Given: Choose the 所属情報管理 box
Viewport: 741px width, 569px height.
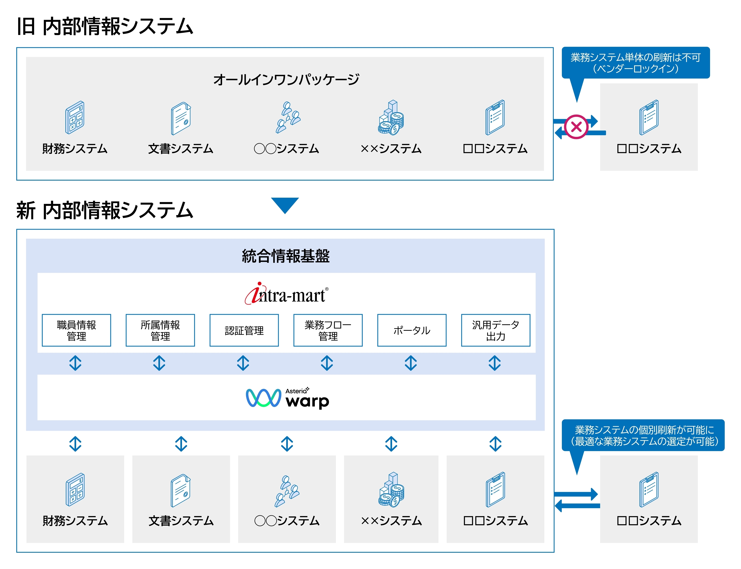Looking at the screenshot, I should [x=160, y=330].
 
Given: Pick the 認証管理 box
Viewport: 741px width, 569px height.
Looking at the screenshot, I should [x=244, y=330].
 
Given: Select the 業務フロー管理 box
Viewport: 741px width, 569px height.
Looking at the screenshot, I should [x=328, y=330].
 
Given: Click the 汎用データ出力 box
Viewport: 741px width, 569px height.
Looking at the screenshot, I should [x=495, y=330].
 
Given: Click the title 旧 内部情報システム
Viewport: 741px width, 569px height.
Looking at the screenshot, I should [x=105, y=26].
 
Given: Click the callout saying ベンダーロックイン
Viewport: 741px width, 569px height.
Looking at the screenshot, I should [x=635, y=63].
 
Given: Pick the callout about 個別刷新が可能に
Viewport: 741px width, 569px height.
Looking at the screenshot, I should [x=643, y=435].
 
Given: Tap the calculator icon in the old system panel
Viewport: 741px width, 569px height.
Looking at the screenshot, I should [x=75, y=117].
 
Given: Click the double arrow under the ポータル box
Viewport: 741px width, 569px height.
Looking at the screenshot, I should [x=411, y=363].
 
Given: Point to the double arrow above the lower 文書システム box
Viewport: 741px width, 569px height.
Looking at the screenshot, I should [x=181, y=444].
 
